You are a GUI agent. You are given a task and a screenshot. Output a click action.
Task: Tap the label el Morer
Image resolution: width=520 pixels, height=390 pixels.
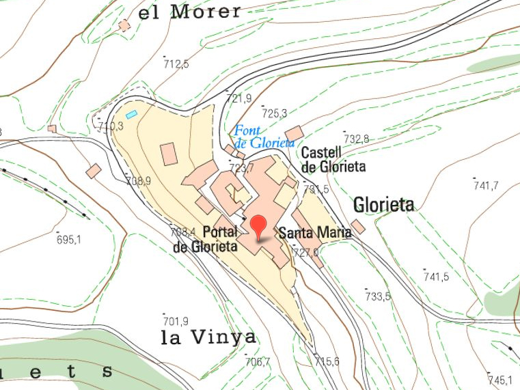pos(189,12)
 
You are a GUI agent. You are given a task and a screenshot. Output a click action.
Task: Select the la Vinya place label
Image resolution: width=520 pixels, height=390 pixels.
pos(208,337)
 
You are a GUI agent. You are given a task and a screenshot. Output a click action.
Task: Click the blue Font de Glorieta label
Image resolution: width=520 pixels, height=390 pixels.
pos(264,137)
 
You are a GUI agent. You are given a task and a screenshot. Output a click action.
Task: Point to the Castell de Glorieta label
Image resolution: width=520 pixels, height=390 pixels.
pos(333,159)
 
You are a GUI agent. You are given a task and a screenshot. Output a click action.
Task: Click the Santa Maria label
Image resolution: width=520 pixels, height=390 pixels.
pos(315,233)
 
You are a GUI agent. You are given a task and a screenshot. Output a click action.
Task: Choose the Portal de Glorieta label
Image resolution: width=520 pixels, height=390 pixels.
pos(206,239)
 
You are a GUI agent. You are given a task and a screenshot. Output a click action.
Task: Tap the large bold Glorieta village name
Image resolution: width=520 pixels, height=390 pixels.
pos(384,204)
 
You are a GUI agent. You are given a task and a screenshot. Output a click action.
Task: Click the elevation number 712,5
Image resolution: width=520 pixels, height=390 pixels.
pos(176,64)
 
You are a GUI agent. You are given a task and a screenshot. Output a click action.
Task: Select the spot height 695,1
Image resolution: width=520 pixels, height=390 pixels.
pos(68,239)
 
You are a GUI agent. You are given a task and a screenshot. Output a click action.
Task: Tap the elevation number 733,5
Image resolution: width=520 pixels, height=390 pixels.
pos(378,296)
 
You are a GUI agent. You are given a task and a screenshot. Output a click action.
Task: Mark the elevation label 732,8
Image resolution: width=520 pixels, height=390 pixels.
pos(356,139)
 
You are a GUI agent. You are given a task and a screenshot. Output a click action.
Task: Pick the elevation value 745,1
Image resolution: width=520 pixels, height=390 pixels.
pos(500,380)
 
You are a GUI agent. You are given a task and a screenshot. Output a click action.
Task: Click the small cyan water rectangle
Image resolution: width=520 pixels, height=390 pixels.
pos(131,114)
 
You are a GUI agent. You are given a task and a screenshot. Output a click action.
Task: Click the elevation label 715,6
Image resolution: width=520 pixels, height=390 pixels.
pos(327,361)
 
